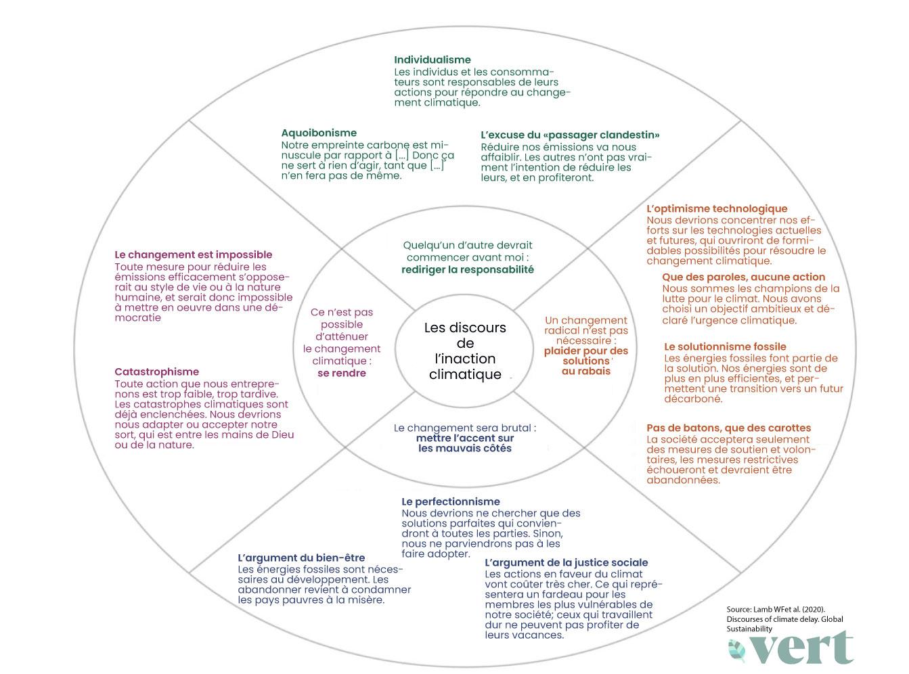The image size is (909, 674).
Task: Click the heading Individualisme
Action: pyautogui.click(x=432, y=60)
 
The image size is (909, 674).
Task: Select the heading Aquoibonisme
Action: pyautogui.click(x=318, y=133)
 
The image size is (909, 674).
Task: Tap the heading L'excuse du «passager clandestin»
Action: pyautogui.click(x=570, y=135)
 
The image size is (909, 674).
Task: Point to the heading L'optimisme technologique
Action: pyautogui.click(x=717, y=208)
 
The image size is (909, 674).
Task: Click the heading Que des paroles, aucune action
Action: pyautogui.click(x=743, y=277)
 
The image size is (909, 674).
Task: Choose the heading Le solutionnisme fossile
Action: pyautogui.click(x=725, y=346)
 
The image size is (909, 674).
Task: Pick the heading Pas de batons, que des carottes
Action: pyautogui.click(x=728, y=428)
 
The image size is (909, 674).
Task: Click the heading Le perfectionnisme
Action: pyautogui.click(x=450, y=501)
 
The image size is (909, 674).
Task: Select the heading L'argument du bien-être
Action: pyautogui.click(x=301, y=558)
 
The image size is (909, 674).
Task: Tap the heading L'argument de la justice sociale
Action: pyautogui.click(x=566, y=562)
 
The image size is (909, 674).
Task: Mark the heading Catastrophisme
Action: pyautogui.click(x=156, y=372)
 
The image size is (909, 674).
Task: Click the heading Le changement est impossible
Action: pyautogui.click(x=193, y=255)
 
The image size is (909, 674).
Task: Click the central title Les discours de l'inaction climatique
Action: pyautogui.click(x=465, y=351)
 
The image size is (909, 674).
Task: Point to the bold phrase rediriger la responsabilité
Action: pyautogui.click(x=468, y=269)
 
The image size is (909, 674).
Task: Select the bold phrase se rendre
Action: pyautogui.click(x=341, y=373)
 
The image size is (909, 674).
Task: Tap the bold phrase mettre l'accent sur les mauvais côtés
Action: pyautogui.click(x=465, y=443)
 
